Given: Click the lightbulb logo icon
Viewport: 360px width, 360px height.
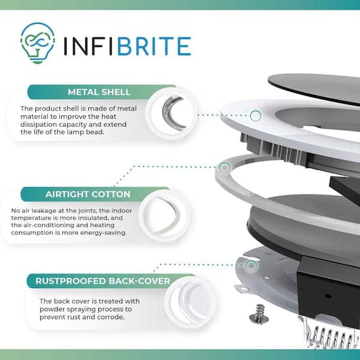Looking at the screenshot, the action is click(x=38, y=43).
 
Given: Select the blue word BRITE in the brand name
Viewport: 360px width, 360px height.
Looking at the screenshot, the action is click(x=154, y=46).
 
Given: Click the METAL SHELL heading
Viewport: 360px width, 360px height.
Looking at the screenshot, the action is click(x=99, y=92).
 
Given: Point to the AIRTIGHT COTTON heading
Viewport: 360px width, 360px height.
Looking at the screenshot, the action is click(x=88, y=194).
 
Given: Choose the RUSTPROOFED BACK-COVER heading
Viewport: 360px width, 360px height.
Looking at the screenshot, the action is click(x=103, y=281).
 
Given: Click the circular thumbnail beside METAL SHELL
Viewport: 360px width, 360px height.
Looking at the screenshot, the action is click(x=171, y=113).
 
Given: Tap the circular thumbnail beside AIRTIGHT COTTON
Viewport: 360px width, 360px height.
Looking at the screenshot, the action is click(x=164, y=215).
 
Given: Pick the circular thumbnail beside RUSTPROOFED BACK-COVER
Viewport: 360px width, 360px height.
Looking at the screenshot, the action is click(x=190, y=302).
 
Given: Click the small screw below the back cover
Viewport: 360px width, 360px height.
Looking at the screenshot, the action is click(x=259, y=314).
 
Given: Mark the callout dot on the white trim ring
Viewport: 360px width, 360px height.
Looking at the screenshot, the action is click(x=256, y=115).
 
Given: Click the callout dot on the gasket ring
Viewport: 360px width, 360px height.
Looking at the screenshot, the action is click(x=224, y=167).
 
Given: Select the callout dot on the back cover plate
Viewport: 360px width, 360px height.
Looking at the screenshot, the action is click(x=251, y=266).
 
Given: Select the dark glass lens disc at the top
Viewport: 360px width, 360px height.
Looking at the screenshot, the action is click(x=314, y=88).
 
